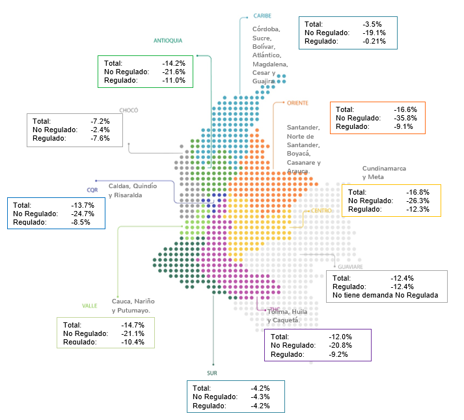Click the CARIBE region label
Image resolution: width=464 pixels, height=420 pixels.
[x=262, y=16]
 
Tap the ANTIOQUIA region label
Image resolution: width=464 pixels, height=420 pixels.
[x=168, y=40]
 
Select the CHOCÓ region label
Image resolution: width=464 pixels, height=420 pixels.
[x=129, y=110]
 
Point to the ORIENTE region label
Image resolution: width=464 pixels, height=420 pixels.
[x=297, y=103]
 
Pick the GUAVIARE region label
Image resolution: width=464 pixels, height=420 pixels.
[x=350, y=266]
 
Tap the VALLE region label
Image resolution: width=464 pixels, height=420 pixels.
[x=90, y=305]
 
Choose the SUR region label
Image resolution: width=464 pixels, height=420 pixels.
[x=212, y=373]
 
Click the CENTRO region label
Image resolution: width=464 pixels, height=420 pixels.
[x=321, y=211]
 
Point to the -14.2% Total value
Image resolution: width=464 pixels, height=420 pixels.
[x=174, y=63]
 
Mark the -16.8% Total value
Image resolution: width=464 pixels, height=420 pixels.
[x=418, y=192]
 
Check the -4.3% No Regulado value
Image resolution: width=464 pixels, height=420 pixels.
[x=260, y=397]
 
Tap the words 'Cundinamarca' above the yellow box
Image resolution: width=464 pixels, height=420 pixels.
[x=384, y=169]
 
